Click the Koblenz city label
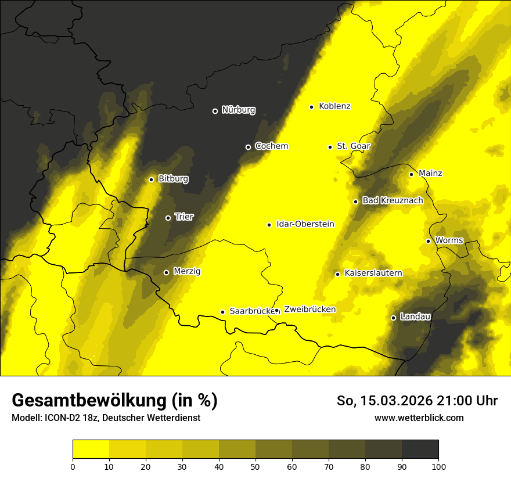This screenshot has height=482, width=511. pyautogui.click(x=334, y=106)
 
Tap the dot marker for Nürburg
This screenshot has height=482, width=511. pyautogui.click(x=215, y=111)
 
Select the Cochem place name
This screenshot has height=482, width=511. pyautogui.click(x=271, y=146)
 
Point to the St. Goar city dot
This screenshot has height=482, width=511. pyautogui.click(x=330, y=147)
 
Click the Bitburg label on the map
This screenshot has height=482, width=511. pyautogui.click(x=173, y=179)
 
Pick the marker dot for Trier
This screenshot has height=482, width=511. pyautogui.click(x=168, y=218)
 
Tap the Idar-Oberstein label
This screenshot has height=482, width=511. pyautogui.click(x=305, y=224)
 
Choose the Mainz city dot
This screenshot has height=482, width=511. pyautogui.click(x=411, y=174)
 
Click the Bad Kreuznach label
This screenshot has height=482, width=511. pyautogui.click(x=393, y=200)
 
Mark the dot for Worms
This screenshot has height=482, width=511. pyautogui.click(x=428, y=241)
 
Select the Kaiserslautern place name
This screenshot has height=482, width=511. pyautogui.click(x=373, y=273)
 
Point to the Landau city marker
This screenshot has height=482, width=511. pyautogui.click(x=393, y=318)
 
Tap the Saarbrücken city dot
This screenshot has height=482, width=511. pyautogui.click(x=222, y=312)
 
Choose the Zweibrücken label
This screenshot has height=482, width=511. pyautogui.click(x=310, y=310)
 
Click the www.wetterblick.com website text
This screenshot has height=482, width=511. pyautogui.click(x=419, y=418)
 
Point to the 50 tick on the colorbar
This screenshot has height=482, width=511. pyautogui.click(x=255, y=466)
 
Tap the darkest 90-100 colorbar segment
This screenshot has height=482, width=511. pyautogui.click(x=420, y=449)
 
